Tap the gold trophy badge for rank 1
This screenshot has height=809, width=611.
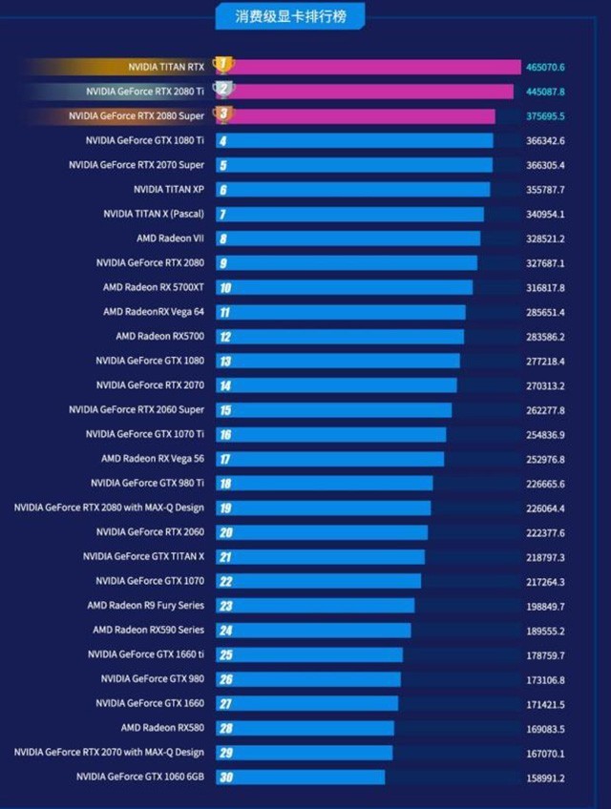(x=222, y=65)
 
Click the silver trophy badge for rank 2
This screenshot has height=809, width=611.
(x=222, y=90)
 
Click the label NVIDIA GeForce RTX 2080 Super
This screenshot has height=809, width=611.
(x=137, y=116)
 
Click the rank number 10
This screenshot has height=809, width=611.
(x=224, y=287)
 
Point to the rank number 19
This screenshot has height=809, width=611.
(x=225, y=508)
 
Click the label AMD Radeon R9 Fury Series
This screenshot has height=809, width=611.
(x=145, y=606)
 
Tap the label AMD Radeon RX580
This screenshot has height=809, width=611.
(x=162, y=728)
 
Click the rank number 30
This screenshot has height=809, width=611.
(x=225, y=778)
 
